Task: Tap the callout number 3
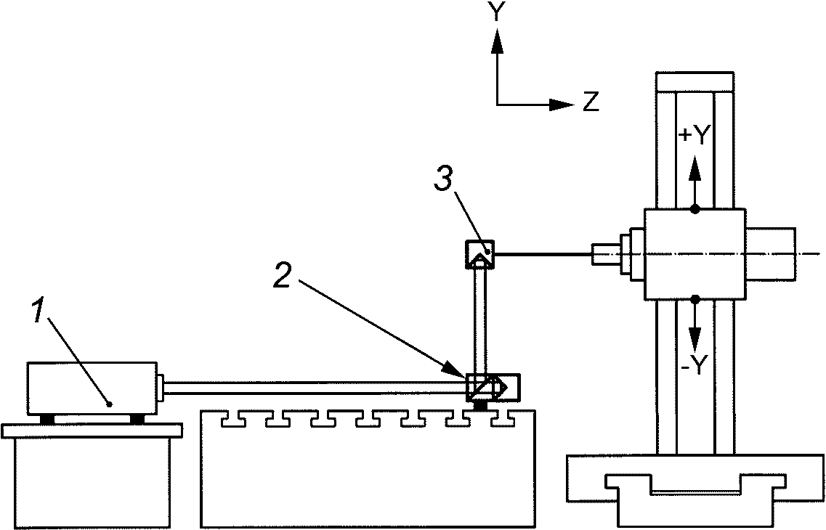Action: [442, 179]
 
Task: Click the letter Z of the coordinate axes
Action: [591, 102]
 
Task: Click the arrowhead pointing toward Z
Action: [561, 105]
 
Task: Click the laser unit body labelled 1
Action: [93, 388]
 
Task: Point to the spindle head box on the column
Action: [695, 254]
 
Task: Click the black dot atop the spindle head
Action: [695, 209]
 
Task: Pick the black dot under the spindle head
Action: [695, 299]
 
